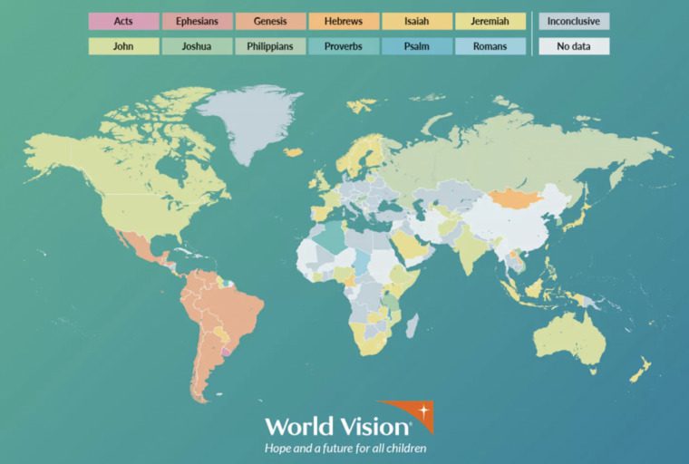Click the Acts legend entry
pos(123,21)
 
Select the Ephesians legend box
pos(197,21)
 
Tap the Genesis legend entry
pos(269,21)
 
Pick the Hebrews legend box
pos(343,21)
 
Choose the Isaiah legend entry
pos(416,21)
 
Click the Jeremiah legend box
pos(490,21)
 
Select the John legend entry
pos(123,46)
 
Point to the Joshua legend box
pos(197,46)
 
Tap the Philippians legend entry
pos(269,46)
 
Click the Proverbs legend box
pos(343,46)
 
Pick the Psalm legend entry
pos(416,46)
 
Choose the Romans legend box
pos(490,46)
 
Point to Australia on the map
pos(569,339)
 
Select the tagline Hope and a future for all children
pos(344,448)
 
